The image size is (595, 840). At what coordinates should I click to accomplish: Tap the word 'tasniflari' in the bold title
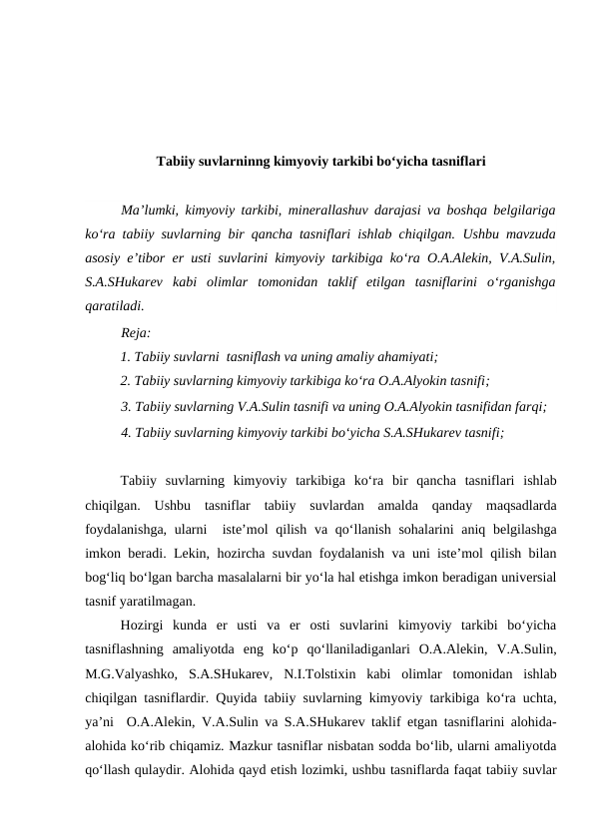pyautogui.click(x=455, y=160)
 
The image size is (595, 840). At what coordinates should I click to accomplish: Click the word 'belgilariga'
pyautogui.click(x=520, y=210)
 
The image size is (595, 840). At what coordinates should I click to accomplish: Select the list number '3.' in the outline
pyautogui.click(x=125, y=406)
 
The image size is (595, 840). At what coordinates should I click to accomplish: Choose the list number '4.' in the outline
pyautogui.click(x=125, y=432)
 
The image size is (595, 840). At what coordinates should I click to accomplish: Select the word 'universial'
pyautogui.click(x=524, y=577)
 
